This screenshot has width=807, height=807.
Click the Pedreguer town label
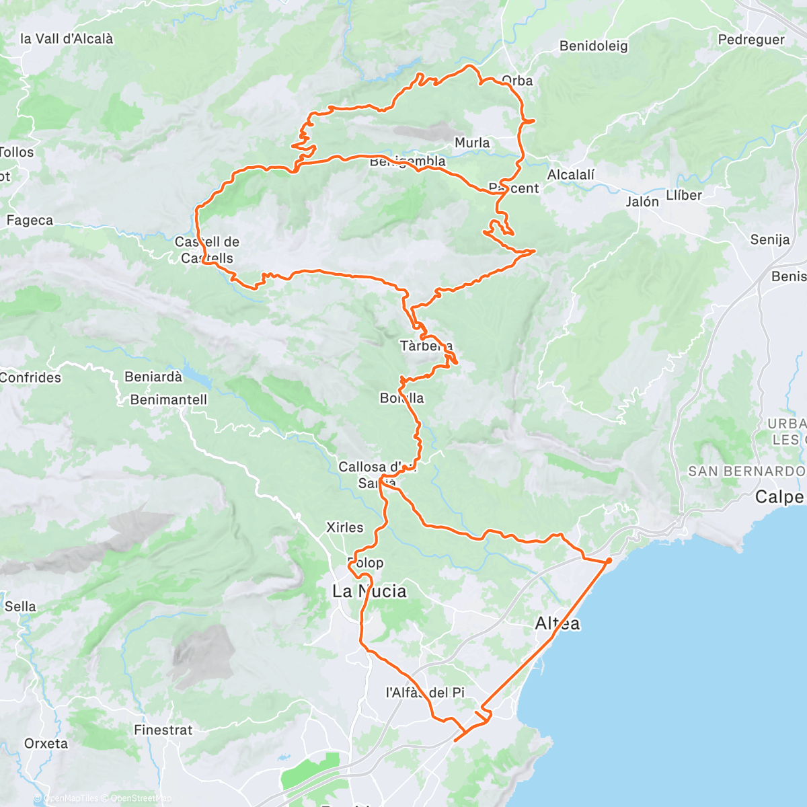coord(751,40)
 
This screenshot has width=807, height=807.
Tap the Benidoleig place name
coord(593,46)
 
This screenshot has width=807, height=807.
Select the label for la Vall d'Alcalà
coord(67,39)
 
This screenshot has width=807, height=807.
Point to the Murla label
coord(472,143)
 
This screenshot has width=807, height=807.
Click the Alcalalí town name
coord(571,175)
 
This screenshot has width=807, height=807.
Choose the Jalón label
coord(642,201)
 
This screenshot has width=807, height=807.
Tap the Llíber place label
coord(684,195)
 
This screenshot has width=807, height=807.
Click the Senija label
coord(770,239)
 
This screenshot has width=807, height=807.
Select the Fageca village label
coord(30,221)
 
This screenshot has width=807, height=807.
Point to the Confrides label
coord(30,377)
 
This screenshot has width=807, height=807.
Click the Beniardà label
coord(153,377)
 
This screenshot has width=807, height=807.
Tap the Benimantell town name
coord(169,399)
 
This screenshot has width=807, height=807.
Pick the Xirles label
coord(344,527)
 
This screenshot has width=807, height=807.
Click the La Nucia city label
coord(370,591)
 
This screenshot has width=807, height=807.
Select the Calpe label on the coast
coord(779,497)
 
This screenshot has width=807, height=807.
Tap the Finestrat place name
coord(163,730)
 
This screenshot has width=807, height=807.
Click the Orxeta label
coord(46,743)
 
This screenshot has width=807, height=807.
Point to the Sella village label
coord(20,606)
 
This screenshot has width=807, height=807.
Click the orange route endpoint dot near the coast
coord(609,560)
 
